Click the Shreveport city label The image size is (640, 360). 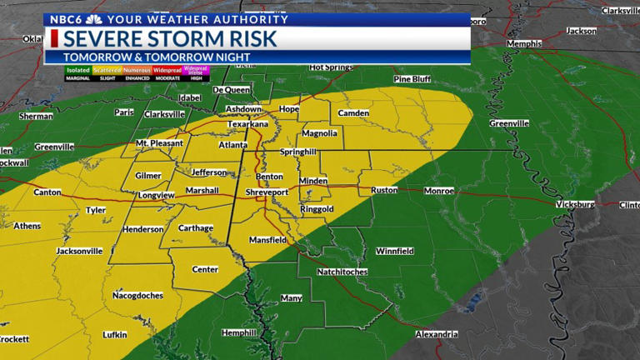click(x=267, y=192)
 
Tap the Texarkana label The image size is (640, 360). click(x=248, y=124)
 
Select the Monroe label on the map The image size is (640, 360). click(x=439, y=191)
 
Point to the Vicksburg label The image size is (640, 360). click(x=575, y=204)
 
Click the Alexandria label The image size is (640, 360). click(x=435, y=334)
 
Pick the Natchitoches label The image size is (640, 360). click(x=342, y=272)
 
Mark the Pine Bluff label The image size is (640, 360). click(x=414, y=79)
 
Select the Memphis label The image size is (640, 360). click(x=523, y=43)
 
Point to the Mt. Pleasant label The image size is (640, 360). click(x=159, y=144)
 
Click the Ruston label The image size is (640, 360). click(x=384, y=190)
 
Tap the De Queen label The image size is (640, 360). click(x=231, y=90)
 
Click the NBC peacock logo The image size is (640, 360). click(x=94, y=19)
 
